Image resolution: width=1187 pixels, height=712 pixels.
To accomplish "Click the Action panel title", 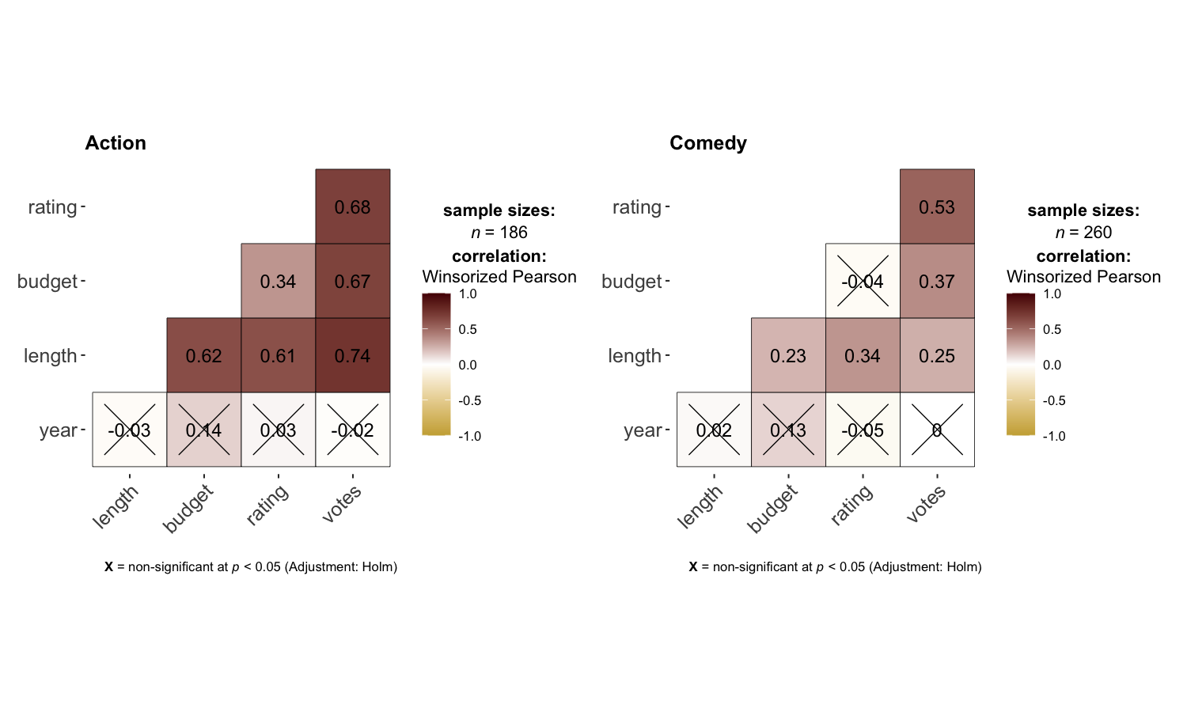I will (116, 143).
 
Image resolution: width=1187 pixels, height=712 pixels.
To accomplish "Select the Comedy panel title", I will (707, 143).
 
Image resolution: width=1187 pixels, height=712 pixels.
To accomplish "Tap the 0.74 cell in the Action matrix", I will (352, 356).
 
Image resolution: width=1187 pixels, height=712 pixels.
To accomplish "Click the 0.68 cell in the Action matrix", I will (352, 207).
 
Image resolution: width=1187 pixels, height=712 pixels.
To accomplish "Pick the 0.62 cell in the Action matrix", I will (203, 356).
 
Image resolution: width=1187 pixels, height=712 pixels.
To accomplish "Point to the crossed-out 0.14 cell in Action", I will (203, 430).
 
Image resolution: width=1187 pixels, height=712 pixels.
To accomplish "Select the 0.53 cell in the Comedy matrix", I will (937, 207).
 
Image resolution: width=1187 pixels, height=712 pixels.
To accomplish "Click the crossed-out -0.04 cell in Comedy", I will (863, 282).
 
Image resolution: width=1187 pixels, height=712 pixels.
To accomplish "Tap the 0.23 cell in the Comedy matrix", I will (788, 356).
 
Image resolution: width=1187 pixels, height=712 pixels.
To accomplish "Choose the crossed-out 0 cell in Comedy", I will (937, 430).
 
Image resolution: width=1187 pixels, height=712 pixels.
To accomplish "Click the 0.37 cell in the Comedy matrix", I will (937, 282).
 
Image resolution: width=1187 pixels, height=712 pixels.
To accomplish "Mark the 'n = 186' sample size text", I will (499, 233).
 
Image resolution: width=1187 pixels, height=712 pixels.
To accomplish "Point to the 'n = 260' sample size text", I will (1083, 233).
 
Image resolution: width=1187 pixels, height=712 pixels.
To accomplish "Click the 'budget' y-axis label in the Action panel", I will (47, 282).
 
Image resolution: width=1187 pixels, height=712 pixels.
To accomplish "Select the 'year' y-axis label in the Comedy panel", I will (643, 430).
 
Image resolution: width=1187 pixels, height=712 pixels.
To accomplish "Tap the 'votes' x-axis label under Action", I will (342, 504).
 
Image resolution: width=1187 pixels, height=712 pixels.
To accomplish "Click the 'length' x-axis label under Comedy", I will (700, 506).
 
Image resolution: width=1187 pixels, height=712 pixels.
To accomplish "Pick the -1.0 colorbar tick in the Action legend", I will (470, 436).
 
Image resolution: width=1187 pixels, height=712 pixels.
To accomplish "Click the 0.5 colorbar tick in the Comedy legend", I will (1052, 330).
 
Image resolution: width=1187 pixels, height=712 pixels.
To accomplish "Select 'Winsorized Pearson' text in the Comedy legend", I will (1083, 277).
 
